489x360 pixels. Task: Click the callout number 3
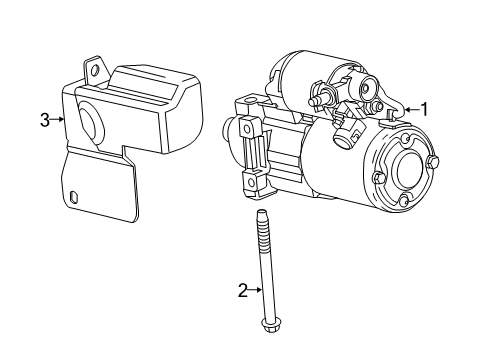point(44,120)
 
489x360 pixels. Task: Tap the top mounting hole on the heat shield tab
point(95,69)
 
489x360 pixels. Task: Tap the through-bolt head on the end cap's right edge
point(432,163)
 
